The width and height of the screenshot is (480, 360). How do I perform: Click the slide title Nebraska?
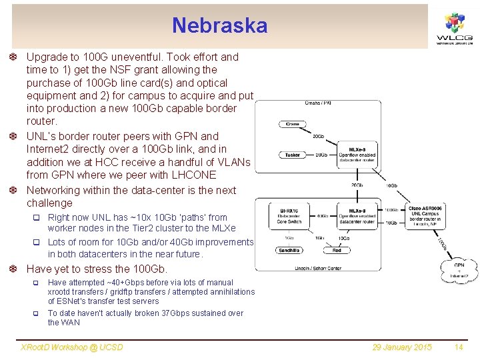click(219, 25)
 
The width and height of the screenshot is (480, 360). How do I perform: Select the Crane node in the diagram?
click(292, 124)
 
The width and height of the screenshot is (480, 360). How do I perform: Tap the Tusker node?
click(292, 155)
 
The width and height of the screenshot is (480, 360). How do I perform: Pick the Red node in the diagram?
click(337, 251)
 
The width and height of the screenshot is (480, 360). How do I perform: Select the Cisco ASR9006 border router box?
click(425, 215)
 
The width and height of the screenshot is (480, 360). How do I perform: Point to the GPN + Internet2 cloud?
click(459, 269)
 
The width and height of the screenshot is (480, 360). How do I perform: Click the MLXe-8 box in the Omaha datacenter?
click(357, 154)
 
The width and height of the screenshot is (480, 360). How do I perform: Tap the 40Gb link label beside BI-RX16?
click(322, 216)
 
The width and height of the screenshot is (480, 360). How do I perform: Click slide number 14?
click(458, 347)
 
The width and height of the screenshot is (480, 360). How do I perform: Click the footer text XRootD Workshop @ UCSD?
click(73, 347)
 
